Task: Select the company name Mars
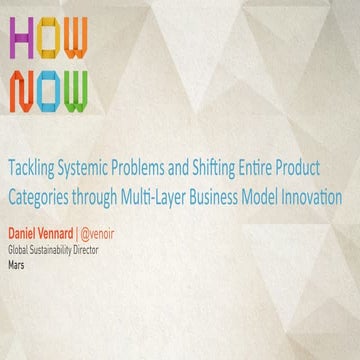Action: click(x=18, y=257)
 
